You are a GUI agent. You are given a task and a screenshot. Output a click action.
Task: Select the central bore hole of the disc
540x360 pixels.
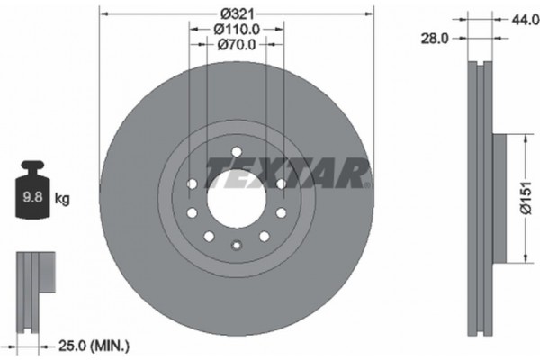237,191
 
